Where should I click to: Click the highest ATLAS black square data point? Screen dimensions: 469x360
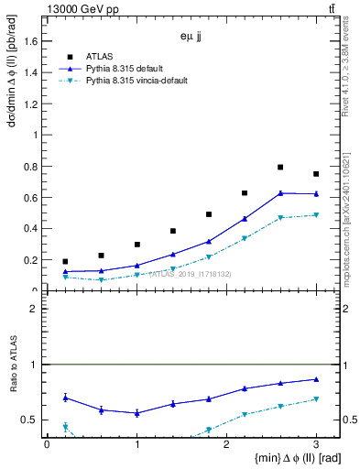280,168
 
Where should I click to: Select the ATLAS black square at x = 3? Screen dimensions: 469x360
316,174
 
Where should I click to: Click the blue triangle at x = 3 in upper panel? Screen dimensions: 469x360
316,193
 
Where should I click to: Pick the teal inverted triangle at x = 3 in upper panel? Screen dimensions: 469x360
316,215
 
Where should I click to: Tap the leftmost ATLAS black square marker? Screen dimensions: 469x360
65,262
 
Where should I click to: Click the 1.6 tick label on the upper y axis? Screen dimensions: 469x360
31,40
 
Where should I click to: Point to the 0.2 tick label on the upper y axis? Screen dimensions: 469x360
31,260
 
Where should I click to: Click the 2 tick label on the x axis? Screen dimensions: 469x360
226,444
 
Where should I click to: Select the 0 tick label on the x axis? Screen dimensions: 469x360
47,444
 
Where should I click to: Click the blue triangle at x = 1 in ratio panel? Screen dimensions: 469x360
136,413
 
